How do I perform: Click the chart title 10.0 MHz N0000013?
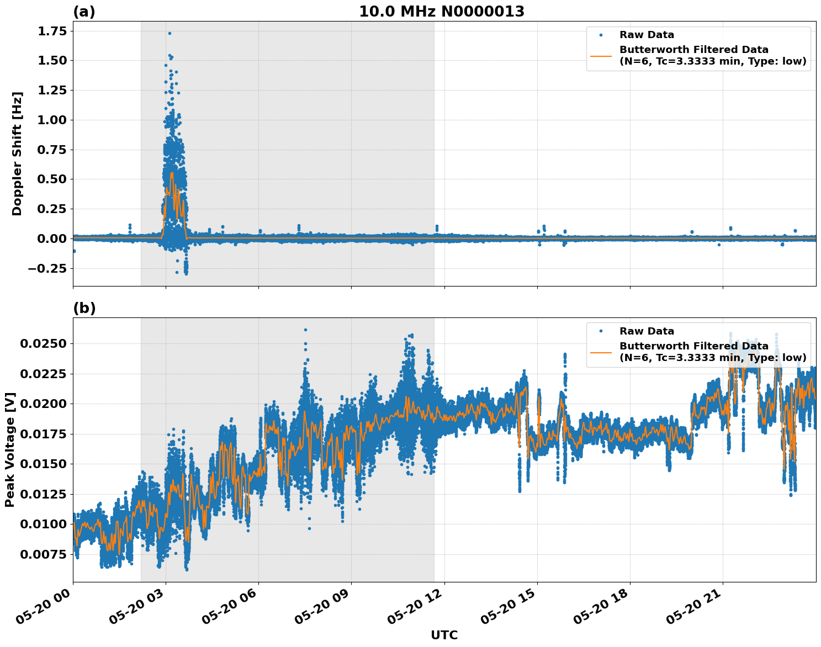pos(441,12)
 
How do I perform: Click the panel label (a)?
pos(84,12)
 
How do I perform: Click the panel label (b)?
pos(84,308)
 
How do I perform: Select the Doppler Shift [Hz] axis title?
pos(17,153)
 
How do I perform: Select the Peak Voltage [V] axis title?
pos(10,449)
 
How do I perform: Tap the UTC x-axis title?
pos(444,635)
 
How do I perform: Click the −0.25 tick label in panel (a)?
pos(46,268)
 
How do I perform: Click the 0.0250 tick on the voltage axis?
pos(43,344)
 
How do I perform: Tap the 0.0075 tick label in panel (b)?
pos(43,554)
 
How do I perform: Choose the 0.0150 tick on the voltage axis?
pos(43,464)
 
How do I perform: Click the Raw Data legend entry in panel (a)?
pos(647,35)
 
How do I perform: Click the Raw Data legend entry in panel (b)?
pos(647,331)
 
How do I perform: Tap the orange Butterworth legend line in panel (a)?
pos(601,56)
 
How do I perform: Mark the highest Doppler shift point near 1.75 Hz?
pos(170,33)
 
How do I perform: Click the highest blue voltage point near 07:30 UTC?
pos(305,330)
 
